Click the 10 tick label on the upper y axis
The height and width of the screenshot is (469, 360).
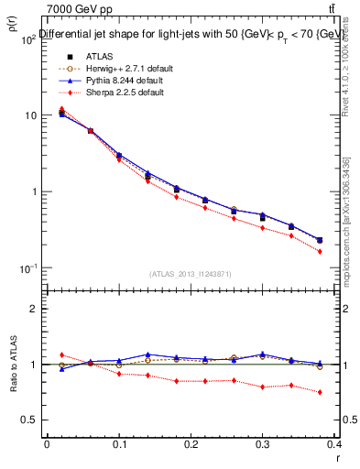tap(30, 115)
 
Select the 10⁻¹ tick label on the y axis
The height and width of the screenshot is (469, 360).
tap(28, 267)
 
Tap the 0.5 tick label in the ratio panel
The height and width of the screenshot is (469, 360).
tap(29, 420)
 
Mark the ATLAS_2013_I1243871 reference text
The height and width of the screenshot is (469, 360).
tap(191, 274)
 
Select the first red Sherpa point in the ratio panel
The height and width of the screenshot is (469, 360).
tap(61, 354)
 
